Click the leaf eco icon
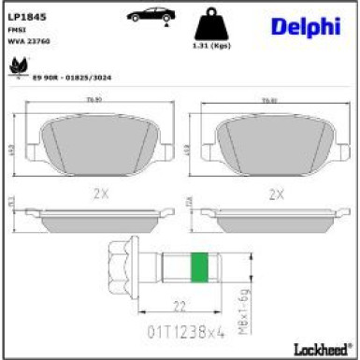click(18, 66)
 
